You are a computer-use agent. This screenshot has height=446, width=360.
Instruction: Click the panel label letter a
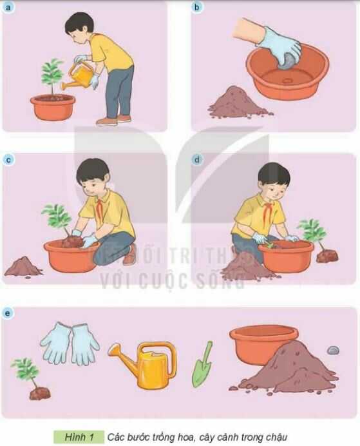8,8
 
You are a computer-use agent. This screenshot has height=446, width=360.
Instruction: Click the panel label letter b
197,8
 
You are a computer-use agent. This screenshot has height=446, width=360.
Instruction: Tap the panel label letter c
8,159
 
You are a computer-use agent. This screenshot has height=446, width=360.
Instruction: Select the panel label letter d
197,159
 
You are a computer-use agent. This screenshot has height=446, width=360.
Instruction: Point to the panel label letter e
8,313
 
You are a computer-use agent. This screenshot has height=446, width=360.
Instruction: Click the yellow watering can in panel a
81,75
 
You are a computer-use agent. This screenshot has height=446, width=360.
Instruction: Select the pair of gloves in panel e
70,344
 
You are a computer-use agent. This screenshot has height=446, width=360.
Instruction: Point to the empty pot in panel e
263,343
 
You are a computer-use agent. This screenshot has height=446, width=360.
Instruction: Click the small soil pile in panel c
23,266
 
